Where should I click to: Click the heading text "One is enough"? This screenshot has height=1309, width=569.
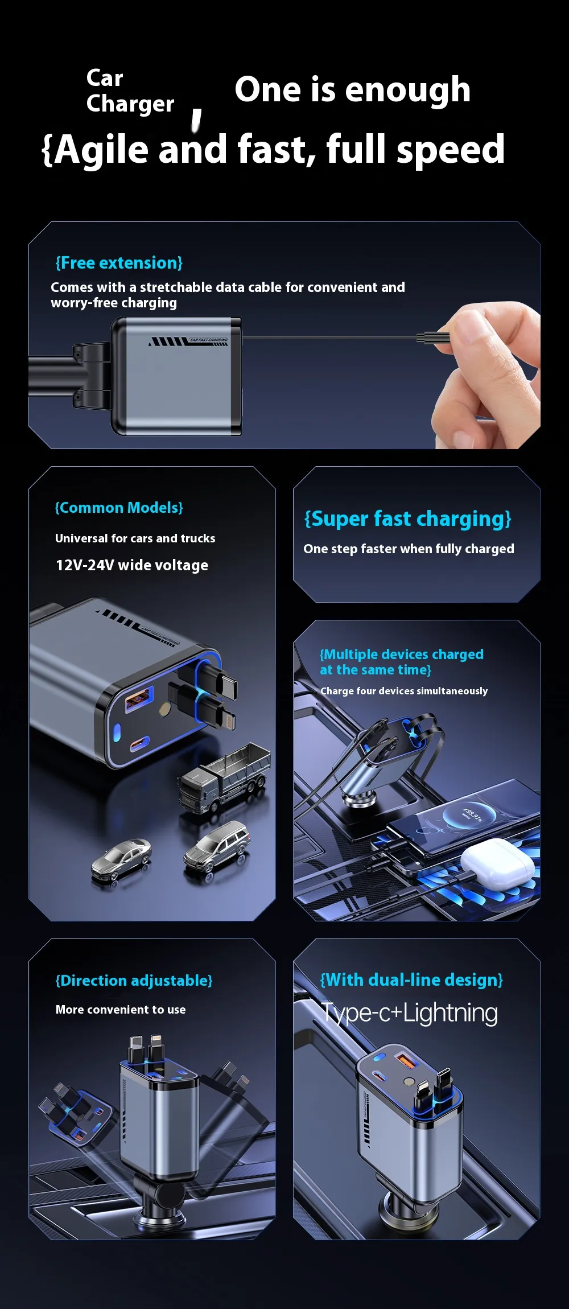tap(353, 89)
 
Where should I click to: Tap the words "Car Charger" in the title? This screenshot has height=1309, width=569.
tap(130, 91)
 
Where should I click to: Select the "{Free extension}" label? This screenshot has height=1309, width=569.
tap(119, 263)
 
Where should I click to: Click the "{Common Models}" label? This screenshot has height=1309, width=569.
tap(119, 508)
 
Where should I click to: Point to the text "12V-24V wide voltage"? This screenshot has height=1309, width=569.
tap(132, 565)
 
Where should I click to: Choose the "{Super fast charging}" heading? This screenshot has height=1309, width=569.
tap(408, 519)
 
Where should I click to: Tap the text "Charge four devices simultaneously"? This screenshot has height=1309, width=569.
tap(404, 691)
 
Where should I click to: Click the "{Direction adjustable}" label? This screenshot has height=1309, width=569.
tap(134, 981)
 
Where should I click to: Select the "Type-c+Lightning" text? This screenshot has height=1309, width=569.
tap(410, 1013)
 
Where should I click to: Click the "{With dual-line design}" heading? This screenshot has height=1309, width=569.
tap(411, 979)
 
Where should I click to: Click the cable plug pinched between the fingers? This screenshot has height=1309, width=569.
tap(433, 338)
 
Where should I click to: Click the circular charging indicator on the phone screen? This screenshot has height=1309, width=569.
tap(470, 814)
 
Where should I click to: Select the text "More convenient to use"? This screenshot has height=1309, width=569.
tap(121, 1010)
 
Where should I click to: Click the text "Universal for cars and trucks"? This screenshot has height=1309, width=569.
tap(135, 538)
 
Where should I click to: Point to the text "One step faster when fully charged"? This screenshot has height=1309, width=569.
tap(409, 549)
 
